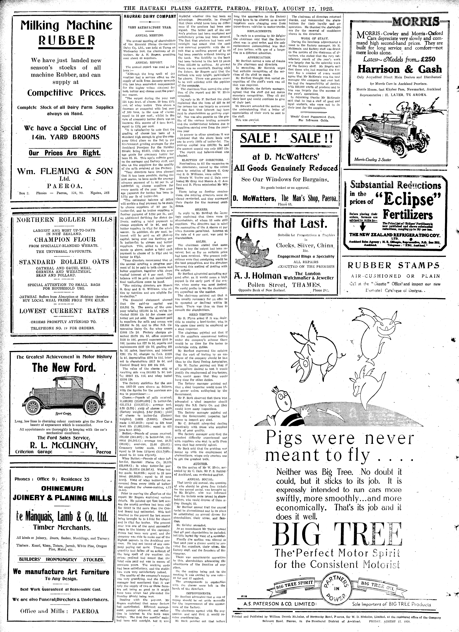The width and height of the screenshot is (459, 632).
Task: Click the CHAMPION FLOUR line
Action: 65,240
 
